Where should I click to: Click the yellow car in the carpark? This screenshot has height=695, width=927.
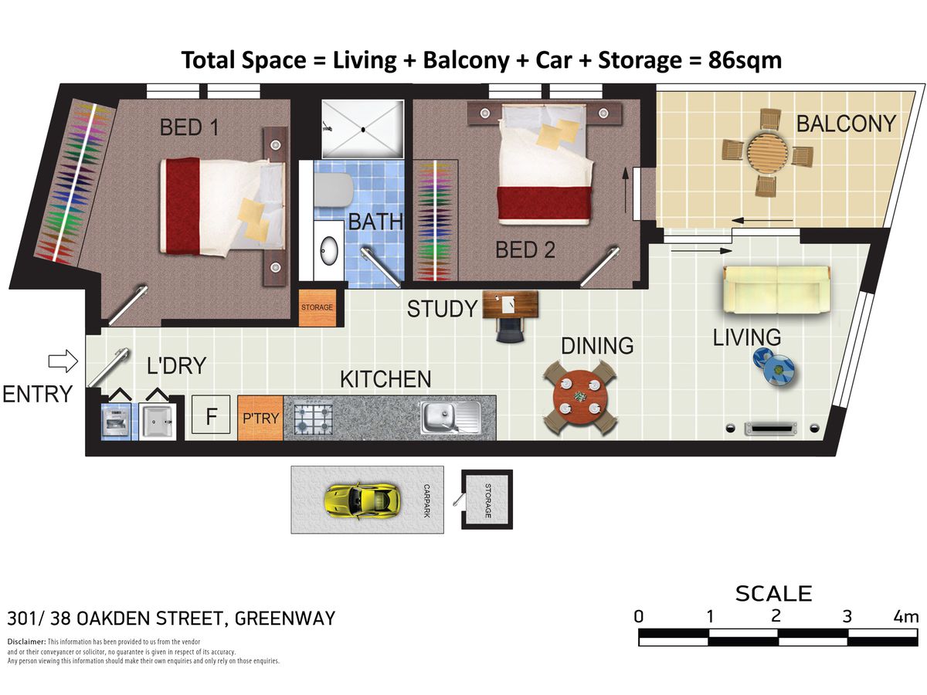point(362,500)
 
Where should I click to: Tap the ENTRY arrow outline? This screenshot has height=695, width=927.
point(63,361)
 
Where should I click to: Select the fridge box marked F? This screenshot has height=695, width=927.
point(211,415)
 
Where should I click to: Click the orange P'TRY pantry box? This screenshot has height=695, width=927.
point(260,418)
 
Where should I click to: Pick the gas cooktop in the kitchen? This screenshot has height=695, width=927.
point(313,419)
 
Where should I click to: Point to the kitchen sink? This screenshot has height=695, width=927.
point(450,417)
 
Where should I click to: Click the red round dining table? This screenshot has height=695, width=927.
point(580,398)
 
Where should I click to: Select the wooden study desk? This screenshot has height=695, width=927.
point(511,304)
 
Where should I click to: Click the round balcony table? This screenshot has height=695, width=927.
point(767,152)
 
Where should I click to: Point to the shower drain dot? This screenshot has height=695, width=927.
point(363,130)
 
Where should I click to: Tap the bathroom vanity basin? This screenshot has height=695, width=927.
point(329,250)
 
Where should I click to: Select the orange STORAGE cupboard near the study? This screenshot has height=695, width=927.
point(317,307)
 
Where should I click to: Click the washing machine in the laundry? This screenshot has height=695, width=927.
point(116,421)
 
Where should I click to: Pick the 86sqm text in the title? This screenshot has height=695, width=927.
point(745,60)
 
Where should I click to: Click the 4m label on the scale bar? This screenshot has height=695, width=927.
point(906,617)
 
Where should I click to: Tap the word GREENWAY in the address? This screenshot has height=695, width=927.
point(284,619)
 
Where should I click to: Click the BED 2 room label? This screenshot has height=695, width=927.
point(525,249)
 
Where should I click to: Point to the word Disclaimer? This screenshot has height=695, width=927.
point(26,642)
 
